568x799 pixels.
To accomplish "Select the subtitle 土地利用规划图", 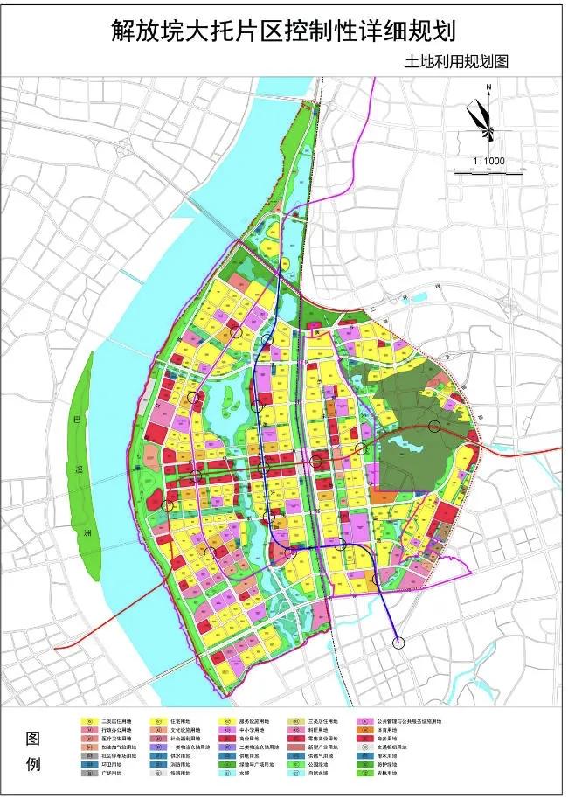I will (456, 62).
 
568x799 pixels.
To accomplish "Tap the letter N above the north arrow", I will (489, 87).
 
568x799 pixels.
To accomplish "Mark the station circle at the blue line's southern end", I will (400, 643).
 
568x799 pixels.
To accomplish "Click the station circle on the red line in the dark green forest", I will (434, 427).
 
